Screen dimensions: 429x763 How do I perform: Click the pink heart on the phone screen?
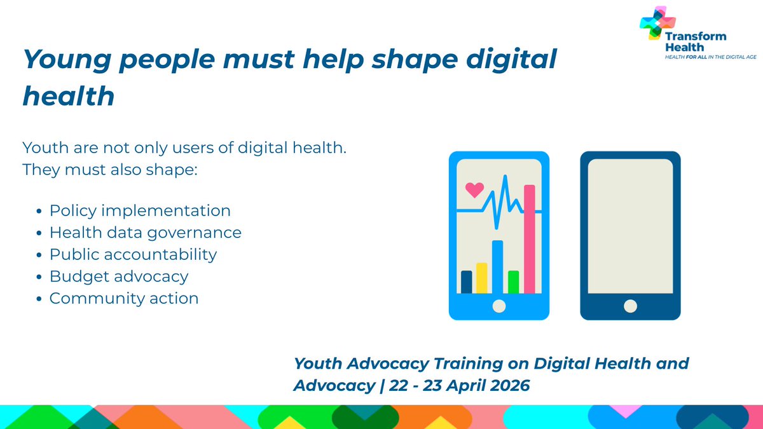474,189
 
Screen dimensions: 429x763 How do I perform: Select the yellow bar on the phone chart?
482,278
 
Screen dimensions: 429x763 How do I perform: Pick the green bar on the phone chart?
513,282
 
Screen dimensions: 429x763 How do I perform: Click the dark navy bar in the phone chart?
467,282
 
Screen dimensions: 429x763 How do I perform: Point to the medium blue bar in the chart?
498,267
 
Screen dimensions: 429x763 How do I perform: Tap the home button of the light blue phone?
499,306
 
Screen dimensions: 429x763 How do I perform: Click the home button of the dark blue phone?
630,306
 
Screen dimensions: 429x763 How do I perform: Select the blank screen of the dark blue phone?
630,226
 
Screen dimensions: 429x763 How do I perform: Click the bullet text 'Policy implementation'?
140,210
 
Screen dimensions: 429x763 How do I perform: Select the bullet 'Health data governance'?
146,233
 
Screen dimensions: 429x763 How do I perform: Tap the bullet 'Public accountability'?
133,254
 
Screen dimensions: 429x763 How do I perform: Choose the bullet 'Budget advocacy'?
119,276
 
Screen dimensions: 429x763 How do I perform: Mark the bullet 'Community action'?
124,298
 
